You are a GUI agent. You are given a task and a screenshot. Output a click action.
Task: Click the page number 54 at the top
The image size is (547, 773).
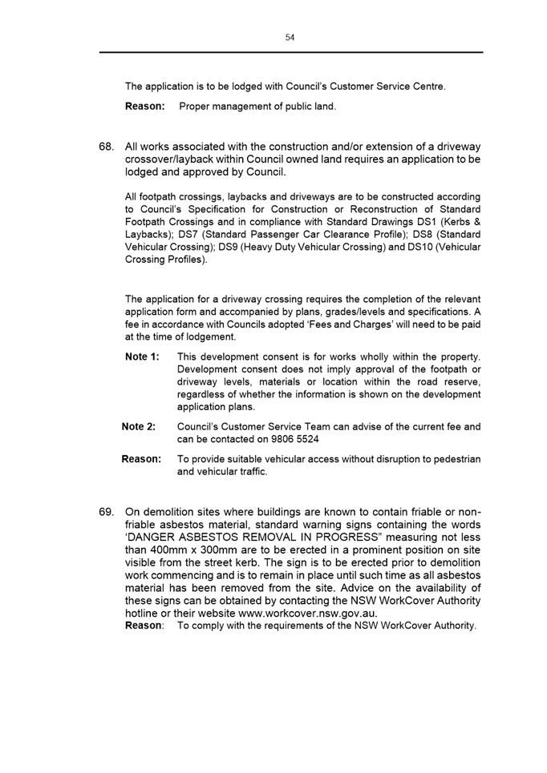tap(290, 38)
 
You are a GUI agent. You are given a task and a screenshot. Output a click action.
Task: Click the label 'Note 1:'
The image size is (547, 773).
tap(142, 356)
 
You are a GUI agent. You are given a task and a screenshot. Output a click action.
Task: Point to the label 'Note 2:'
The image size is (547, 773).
tap(139, 427)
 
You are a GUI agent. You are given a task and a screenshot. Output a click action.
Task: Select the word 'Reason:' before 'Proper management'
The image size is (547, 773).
tap(145, 106)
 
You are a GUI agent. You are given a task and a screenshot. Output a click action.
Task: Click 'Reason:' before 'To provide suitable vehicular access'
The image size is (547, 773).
tap(141, 459)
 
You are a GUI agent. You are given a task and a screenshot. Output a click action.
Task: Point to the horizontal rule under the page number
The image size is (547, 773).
tap(290, 53)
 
